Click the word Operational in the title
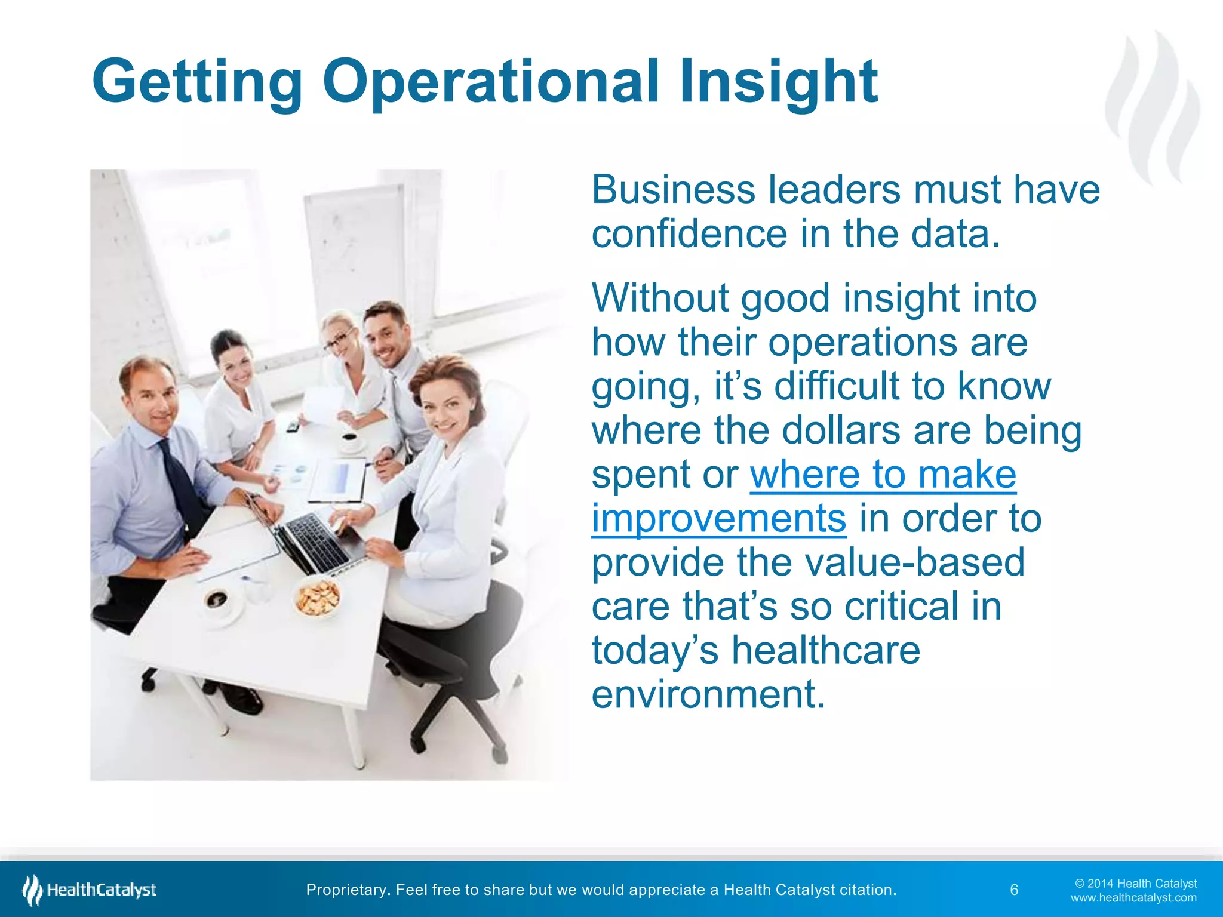coord(490,81)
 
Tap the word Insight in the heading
coord(778,81)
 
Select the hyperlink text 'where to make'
coord(883,475)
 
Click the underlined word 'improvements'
coord(718,518)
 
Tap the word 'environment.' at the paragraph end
coord(708,694)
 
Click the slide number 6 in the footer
coord(1014,890)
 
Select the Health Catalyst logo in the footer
coord(90,890)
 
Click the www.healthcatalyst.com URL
coord(1133,898)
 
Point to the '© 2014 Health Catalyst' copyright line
coord(1136,884)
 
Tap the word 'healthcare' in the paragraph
coord(826,650)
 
